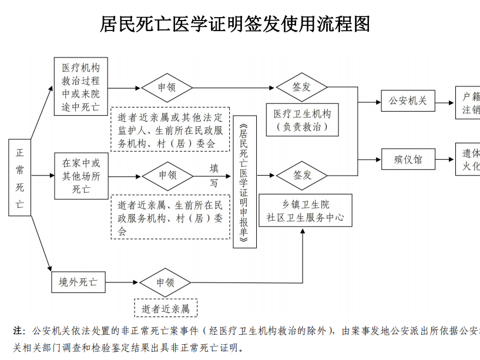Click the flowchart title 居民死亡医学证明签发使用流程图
tap(235, 24)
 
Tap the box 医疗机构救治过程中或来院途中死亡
tap(81, 86)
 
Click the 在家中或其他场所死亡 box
tap(81, 175)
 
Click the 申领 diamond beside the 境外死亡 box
tap(165, 282)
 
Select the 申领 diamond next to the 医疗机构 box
tap(167, 88)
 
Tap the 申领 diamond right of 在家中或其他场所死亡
tap(167, 175)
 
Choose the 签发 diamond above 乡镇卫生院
tap(302, 175)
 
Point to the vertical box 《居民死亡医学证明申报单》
tap(245, 182)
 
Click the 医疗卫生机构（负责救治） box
tap(302, 120)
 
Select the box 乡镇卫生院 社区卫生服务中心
tap(305, 210)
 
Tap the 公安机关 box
tap(407, 100)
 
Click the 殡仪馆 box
tap(407, 159)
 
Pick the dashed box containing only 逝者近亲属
tap(166, 308)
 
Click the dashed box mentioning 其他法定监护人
tap(170, 130)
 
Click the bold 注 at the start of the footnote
tap(18, 330)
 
